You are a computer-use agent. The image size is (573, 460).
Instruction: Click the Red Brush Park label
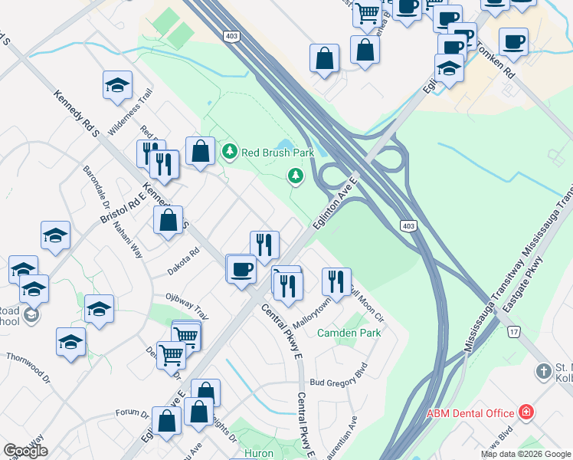click(278, 152)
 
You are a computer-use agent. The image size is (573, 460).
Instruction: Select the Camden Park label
click(349, 333)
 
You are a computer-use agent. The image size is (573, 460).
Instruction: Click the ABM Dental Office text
click(470, 413)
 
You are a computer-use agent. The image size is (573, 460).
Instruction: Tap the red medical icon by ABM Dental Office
click(526, 412)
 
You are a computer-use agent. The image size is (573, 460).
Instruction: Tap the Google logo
click(26, 450)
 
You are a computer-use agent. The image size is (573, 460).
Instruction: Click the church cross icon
click(543, 371)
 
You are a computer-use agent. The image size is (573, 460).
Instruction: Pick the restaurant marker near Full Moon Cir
click(336, 281)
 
